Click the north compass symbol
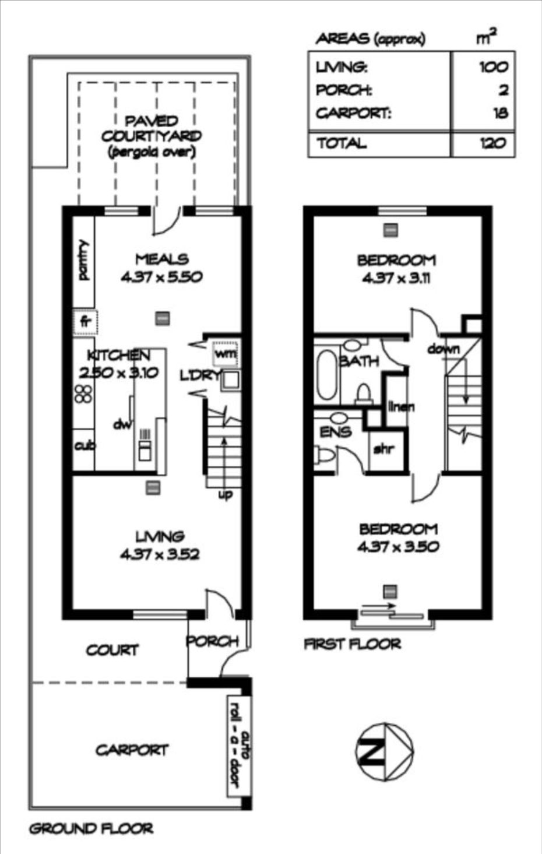click(384, 751)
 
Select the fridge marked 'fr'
click(85, 322)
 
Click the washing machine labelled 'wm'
click(226, 353)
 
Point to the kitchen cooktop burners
click(83, 394)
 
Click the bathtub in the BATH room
click(326, 374)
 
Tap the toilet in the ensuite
click(324, 455)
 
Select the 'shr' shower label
click(384, 449)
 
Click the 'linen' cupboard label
click(401, 406)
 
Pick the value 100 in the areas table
click(494, 67)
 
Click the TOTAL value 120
click(493, 143)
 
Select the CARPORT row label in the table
click(354, 113)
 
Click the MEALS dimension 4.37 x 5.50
click(161, 277)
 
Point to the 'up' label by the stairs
click(226, 495)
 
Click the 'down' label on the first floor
click(444, 349)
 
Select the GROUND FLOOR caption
click(91, 829)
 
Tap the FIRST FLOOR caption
click(353, 644)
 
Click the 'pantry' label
click(84, 260)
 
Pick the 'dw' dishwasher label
click(122, 424)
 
